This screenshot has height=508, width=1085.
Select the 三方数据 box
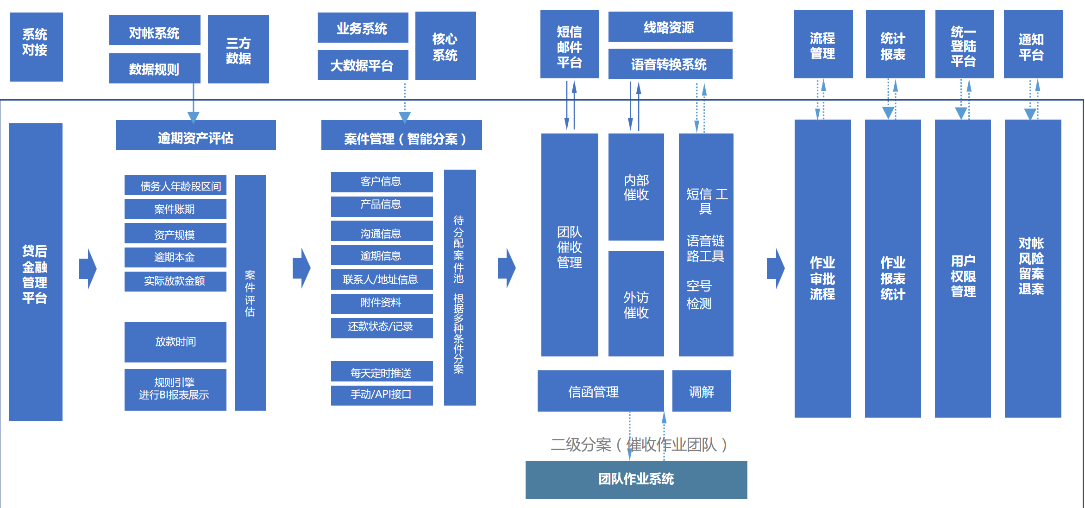238,49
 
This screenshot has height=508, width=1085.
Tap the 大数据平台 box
363,65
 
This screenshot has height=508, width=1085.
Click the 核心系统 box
445,46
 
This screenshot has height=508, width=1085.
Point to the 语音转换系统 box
670,64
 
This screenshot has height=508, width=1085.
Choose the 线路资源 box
670,27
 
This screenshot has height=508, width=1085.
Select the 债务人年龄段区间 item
176,185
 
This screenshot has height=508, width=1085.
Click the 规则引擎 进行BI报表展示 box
176,389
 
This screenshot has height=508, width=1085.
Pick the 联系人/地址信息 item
382,279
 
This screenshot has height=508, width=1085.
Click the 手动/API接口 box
382,395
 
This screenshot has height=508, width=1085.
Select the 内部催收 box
636,187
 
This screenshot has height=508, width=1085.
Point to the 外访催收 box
636,304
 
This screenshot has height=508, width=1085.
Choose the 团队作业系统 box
636,480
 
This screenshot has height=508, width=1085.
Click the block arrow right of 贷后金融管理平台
88,268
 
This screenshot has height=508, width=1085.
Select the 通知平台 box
1033,44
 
